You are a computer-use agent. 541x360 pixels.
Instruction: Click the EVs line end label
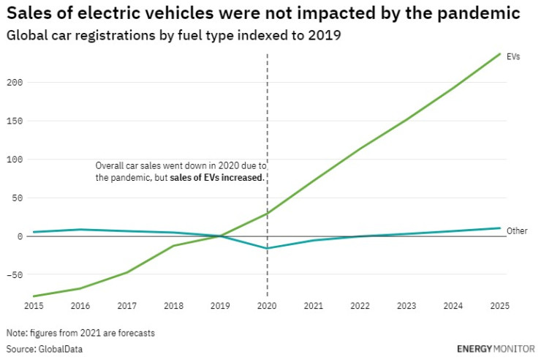[x=513, y=56]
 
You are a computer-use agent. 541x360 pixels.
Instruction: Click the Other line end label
[x=517, y=231]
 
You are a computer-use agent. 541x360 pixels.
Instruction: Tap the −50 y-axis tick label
[x=15, y=275]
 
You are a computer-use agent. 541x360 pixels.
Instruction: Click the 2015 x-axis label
[x=34, y=304]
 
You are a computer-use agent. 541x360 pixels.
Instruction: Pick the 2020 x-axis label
[x=268, y=304]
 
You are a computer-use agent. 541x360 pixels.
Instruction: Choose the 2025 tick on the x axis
[x=499, y=304]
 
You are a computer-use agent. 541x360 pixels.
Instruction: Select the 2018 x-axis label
[x=174, y=304]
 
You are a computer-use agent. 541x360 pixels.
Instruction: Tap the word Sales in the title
[x=28, y=13]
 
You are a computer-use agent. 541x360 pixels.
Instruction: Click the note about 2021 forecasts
[x=80, y=333]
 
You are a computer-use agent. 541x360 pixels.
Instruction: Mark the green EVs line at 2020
[x=268, y=214]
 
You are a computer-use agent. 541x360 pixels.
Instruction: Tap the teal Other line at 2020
[x=268, y=249]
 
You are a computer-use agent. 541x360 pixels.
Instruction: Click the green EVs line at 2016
[x=80, y=288]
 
